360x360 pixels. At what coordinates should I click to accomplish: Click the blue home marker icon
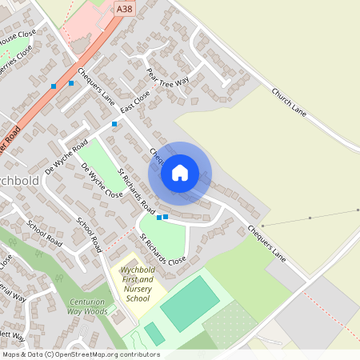pos(180,172)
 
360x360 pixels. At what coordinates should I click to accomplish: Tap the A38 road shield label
pos(123,9)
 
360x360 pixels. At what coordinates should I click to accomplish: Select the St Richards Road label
pos(135,190)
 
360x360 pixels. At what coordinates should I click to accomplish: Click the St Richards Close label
pos(162,249)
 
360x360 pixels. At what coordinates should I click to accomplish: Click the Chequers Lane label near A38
pos(97,86)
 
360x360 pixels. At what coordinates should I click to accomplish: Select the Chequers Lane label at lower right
pos(266,242)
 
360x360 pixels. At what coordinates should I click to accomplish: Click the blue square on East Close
pos(114,124)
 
